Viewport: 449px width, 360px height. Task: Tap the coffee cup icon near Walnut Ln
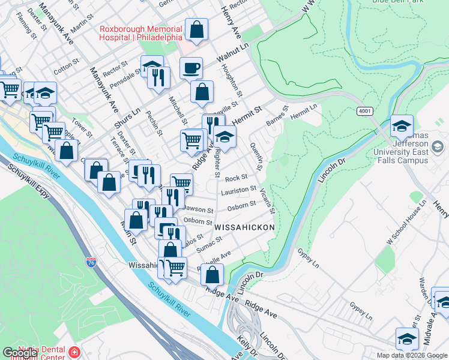click(191, 68)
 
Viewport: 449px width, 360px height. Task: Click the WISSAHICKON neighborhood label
click(244, 227)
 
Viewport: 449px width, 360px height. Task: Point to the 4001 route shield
click(364, 112)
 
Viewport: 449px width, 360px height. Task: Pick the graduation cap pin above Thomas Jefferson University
click(402, 126)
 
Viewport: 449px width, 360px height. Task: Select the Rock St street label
click(237, 178)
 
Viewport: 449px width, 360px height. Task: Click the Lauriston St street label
click(238, 191)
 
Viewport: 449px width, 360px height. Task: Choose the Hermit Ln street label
click(304, 110)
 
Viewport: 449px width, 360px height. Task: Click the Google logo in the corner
click(20, 353)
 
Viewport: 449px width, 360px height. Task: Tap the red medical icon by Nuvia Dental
click(74, 352)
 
